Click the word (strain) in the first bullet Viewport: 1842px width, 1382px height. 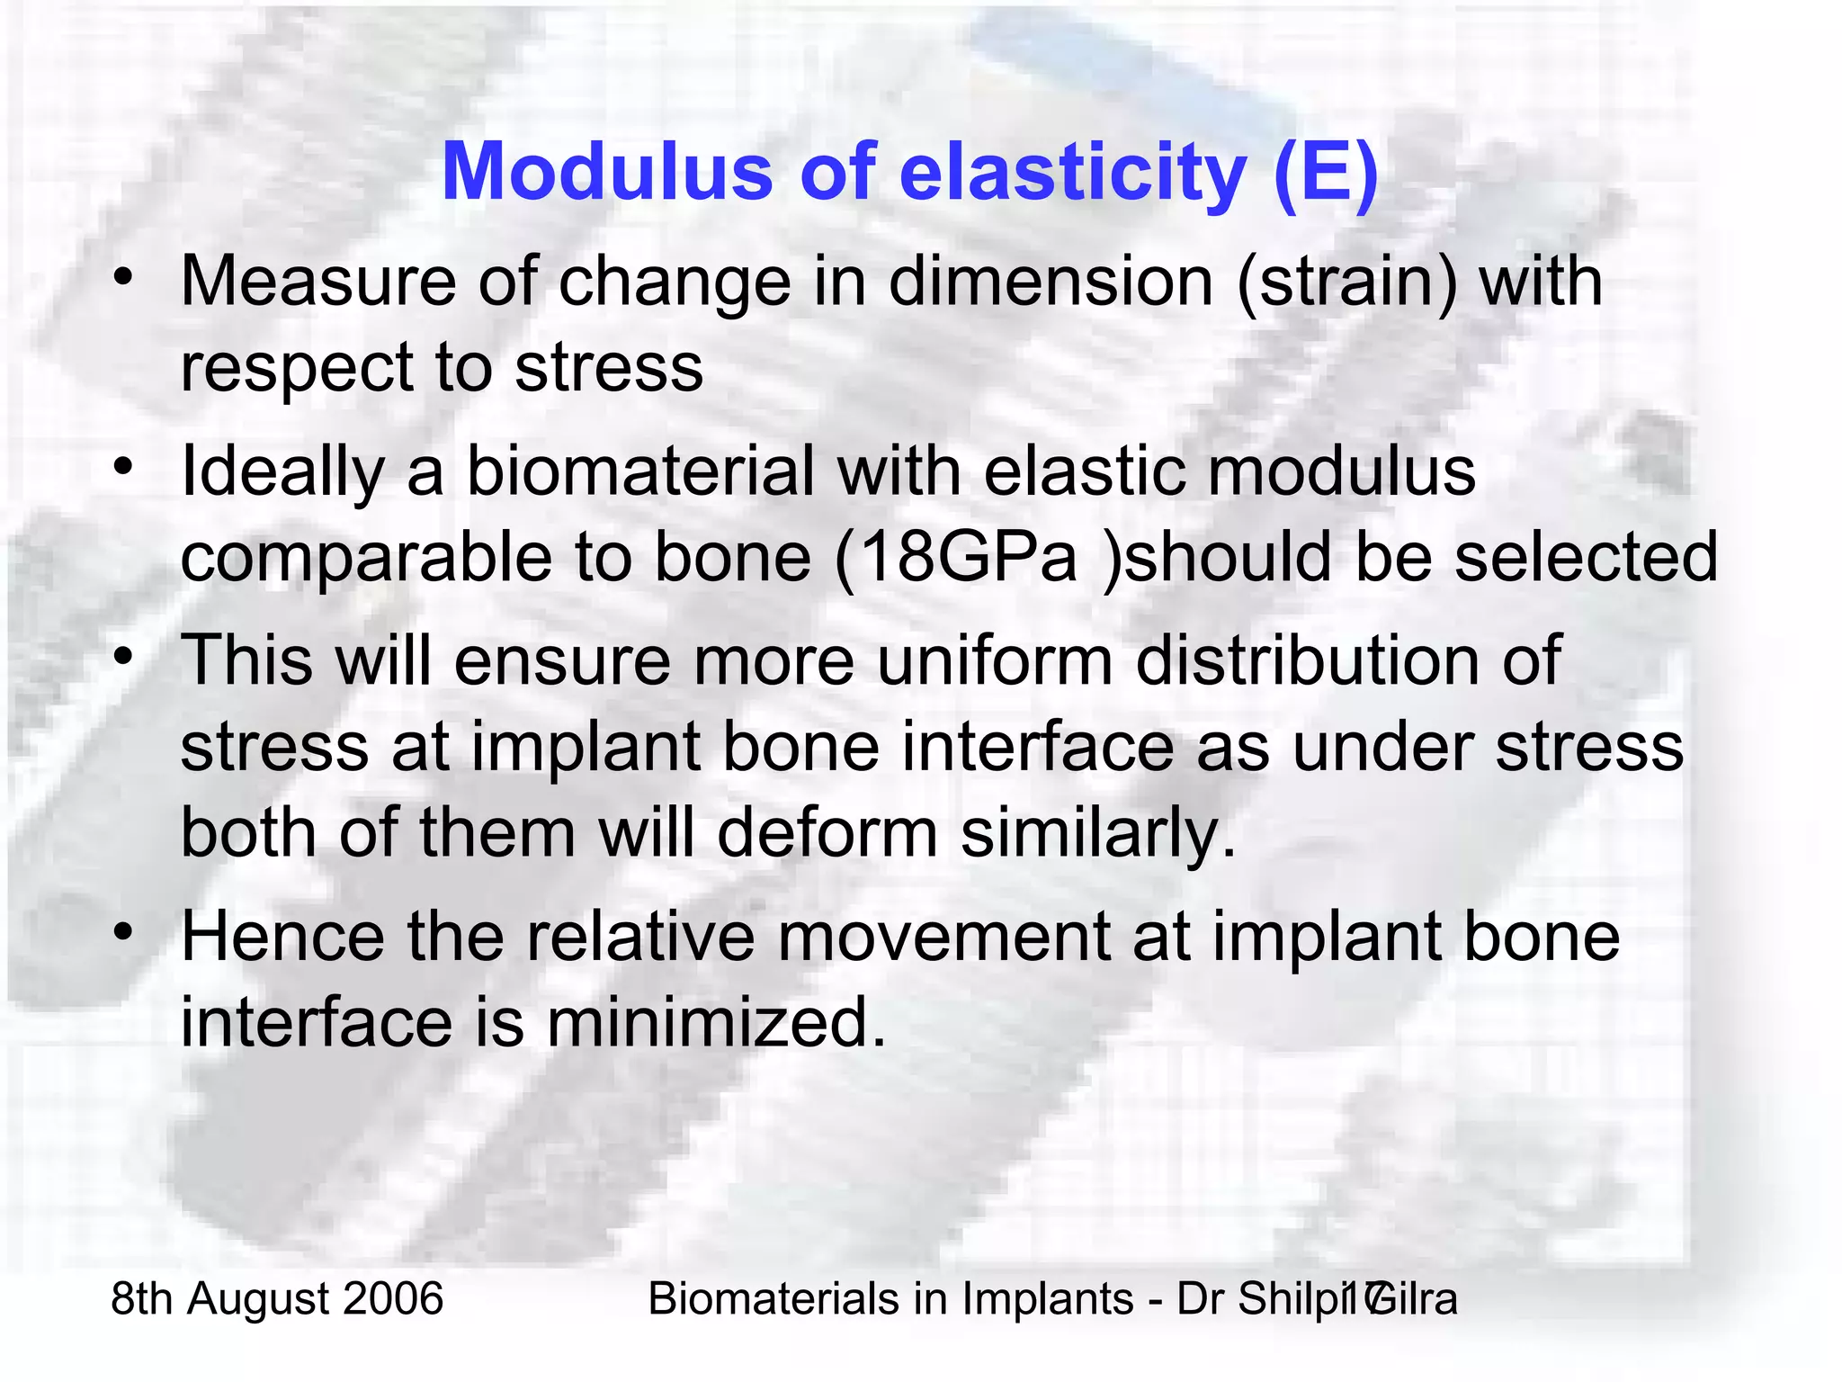point(1346,283)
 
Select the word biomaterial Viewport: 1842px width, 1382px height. point(639,471)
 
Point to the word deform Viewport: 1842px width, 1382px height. point(827,832)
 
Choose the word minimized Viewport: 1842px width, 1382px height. point(716,1023)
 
